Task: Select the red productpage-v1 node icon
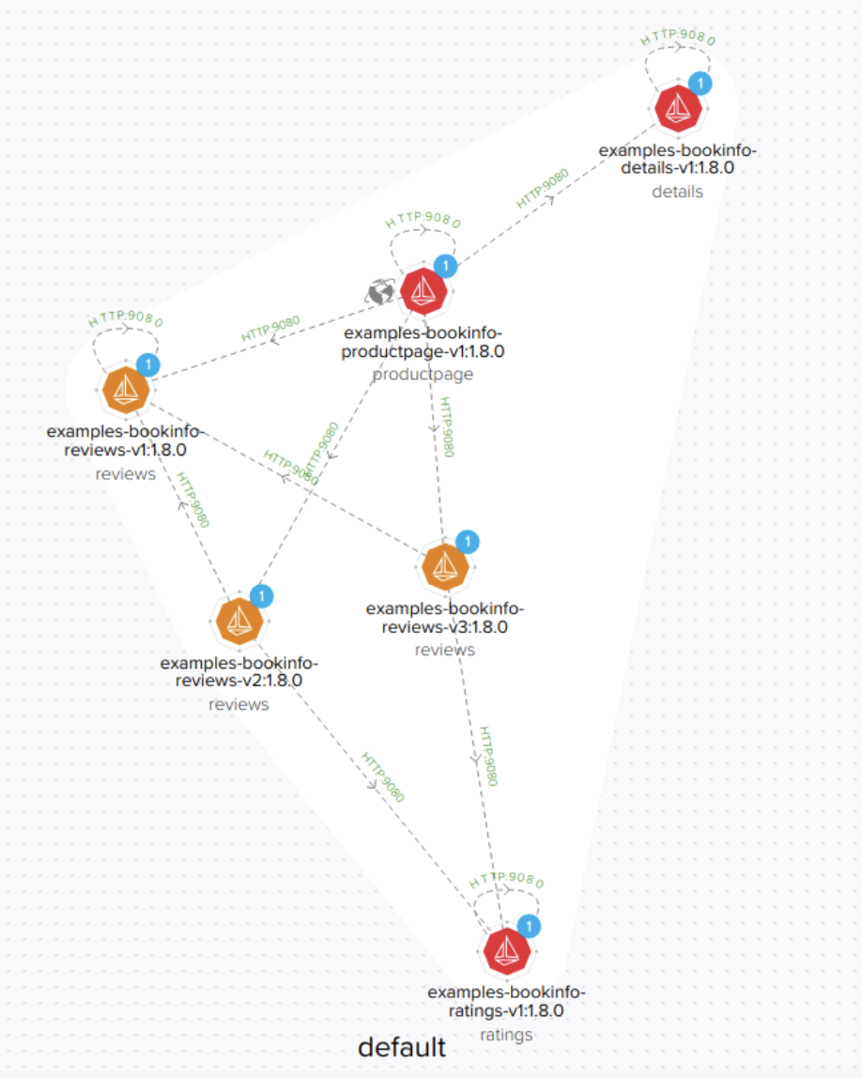point(423,291)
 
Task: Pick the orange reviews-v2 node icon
point(239,620)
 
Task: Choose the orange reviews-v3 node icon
point(443,566)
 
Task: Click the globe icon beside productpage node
point(380,293)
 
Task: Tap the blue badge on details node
point(700,83)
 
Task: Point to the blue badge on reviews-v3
point(467,542)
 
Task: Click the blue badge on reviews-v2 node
point(262,595)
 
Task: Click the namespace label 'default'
point(402,1047)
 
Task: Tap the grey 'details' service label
point(677,192)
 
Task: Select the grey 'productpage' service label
point(423,375)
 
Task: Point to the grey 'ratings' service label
point(506,1035)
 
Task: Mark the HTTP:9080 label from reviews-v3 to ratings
point(487,756)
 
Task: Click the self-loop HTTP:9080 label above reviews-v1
point(126,318)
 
